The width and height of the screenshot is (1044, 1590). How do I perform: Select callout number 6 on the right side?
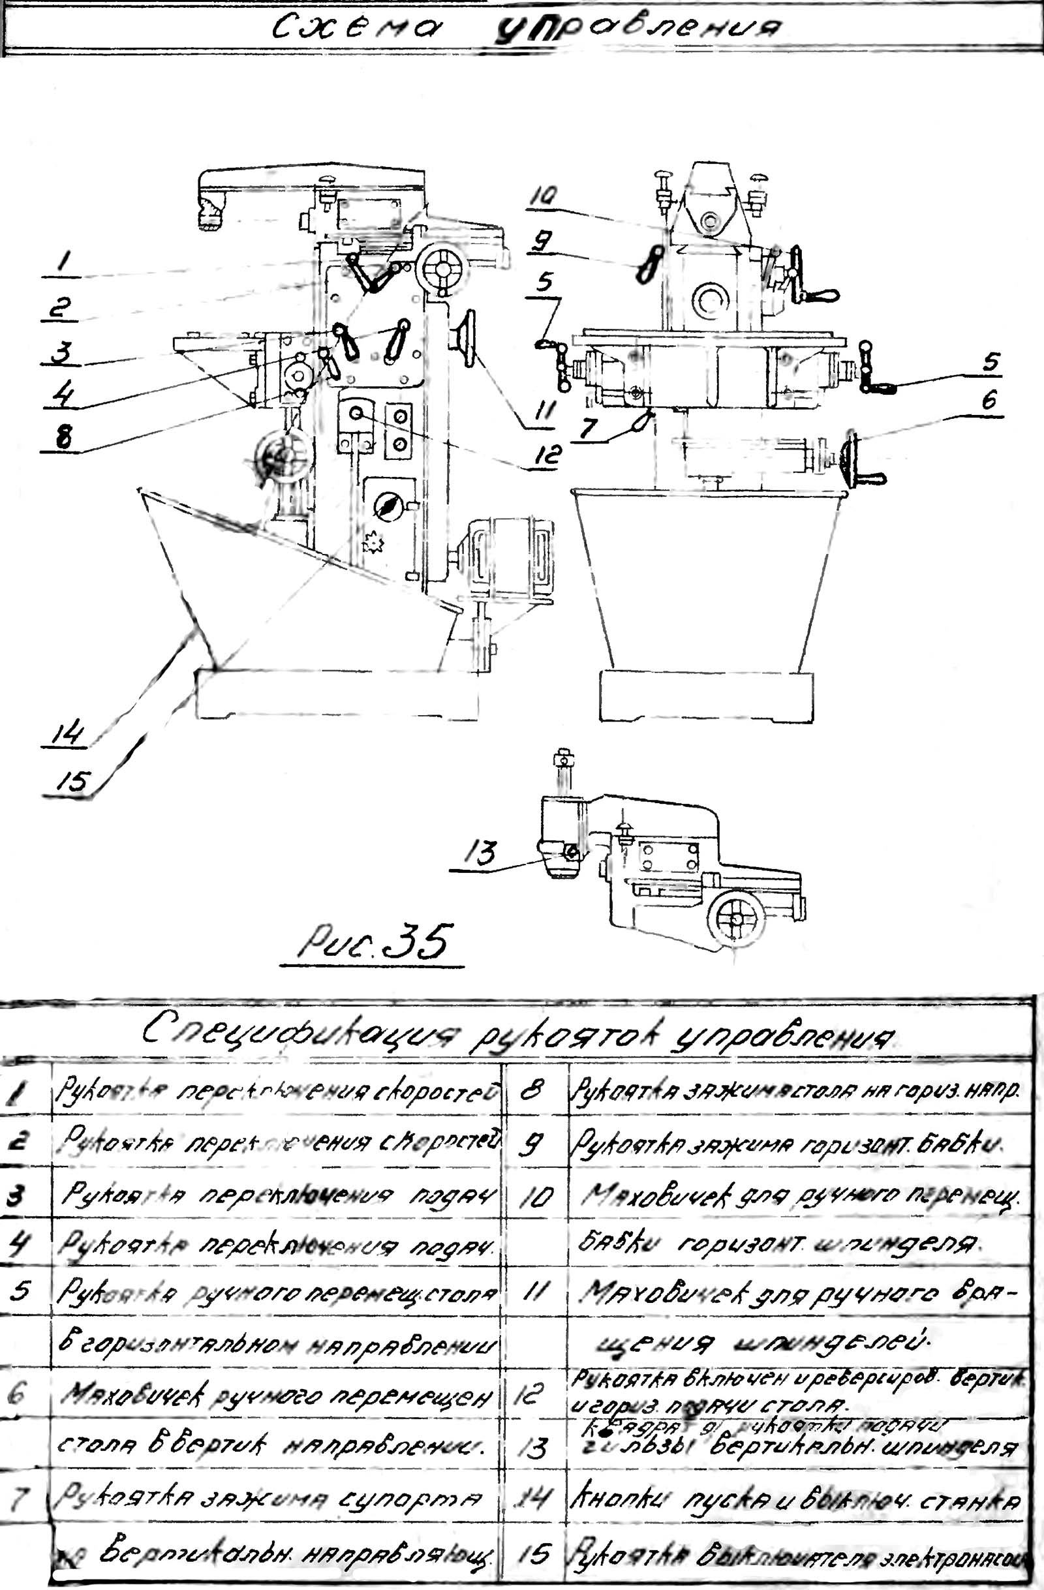pyautogui.click(x=988, y=401)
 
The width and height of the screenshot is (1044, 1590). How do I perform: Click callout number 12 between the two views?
pyautogui.click(x=545, y=455)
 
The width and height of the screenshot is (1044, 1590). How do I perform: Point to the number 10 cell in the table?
pyautogui.click(x=536, y=1197)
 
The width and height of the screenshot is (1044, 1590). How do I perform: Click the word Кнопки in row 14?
pyautogui.click(x=618, y=1501)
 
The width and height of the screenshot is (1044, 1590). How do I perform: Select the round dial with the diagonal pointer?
pyautogui.click(x=387, y=507)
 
